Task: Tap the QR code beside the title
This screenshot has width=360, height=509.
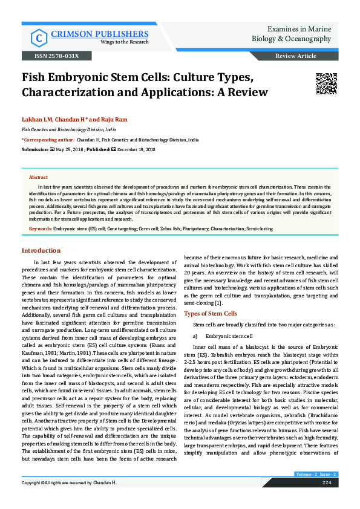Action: click(x=309, y=82)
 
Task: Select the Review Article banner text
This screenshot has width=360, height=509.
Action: click(x=295, y=56)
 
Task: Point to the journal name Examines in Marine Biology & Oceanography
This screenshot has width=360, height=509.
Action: click(x=291, y=34)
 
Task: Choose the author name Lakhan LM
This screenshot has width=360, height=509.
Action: click(x=36, y=119)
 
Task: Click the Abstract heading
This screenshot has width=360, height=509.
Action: click(x=38, y=177)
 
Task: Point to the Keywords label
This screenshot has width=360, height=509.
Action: click(x=41, y=229)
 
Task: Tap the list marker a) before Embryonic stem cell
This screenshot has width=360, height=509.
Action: click(x=195, y=336)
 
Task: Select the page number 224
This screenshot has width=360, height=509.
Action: click(x=327, y=483)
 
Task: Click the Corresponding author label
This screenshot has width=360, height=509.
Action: click(x=47, y=139)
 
